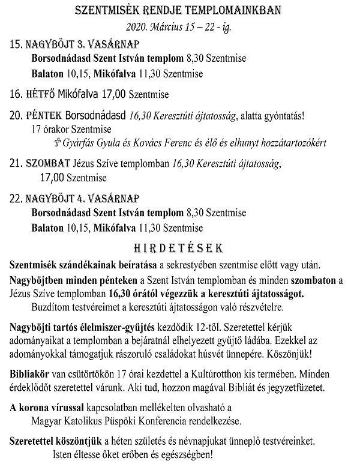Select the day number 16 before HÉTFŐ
[16, 94]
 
